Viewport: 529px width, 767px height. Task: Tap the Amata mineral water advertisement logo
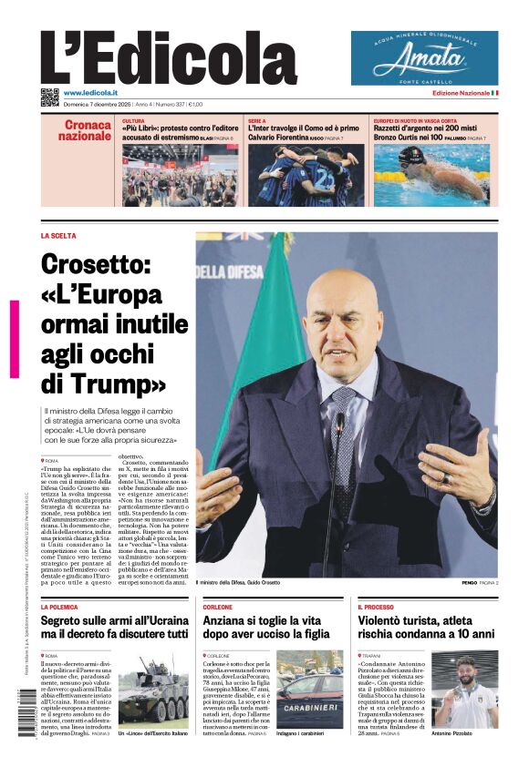pyautogui.click(x=424, y=59)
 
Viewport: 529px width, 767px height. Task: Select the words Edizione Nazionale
pyautogui.click(x=460, y=93)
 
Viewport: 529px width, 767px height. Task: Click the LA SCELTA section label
pyautogui.click(x=58, y=236)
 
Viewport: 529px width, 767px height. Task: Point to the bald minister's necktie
pyautogui.click(x=345, y=437)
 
